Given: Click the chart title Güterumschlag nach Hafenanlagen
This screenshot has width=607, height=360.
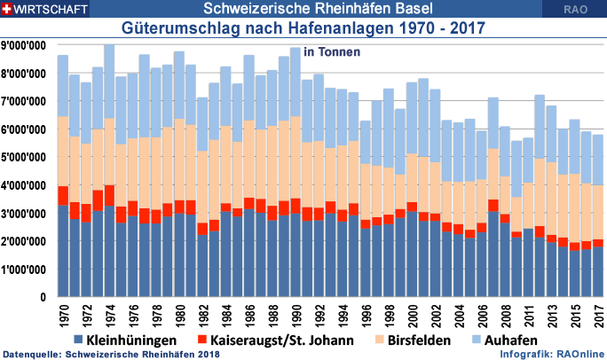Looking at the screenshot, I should click(303, 28).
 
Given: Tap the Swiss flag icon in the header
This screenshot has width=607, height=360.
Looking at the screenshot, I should click(8, 9).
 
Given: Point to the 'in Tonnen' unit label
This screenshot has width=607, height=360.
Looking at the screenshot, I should click(332, 52).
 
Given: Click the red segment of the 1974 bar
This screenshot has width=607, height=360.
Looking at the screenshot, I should click(109, 196).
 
